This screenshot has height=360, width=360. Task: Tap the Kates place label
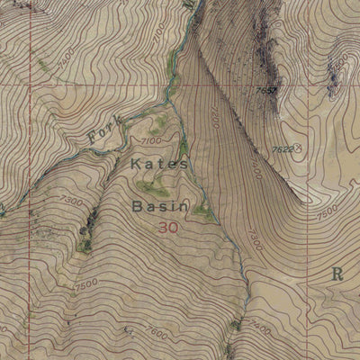tap(160, 165)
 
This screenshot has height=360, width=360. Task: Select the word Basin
tap(159, 207)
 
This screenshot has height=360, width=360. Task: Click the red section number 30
tap(167, 229)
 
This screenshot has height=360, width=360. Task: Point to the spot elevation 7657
tap(265, 91)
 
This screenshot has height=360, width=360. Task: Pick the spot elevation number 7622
tap(282, 148)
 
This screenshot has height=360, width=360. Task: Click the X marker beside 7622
tap(298, 147)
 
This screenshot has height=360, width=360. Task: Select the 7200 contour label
tap(217, 117)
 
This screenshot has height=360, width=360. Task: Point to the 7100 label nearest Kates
tap(150, 141)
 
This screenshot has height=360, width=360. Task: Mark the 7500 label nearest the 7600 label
tap(87, 284)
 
